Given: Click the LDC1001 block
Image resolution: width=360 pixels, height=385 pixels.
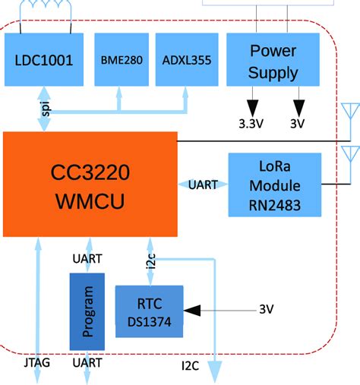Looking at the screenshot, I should tap(44, 58).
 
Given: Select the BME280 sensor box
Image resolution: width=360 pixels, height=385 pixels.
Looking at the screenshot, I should tap(121, 58).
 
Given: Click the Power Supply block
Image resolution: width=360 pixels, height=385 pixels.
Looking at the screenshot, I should tap(273, 62).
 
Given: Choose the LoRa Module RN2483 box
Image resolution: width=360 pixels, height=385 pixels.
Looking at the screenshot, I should tap(274, 185).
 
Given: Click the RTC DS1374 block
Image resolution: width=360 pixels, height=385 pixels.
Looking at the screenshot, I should tap(149, 311).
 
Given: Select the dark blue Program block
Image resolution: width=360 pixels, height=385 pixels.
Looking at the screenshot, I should tap(87, 311).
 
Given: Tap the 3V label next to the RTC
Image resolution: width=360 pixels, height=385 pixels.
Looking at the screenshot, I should tap(266, 310).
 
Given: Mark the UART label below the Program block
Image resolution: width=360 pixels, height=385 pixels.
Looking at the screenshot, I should tap(87, 364).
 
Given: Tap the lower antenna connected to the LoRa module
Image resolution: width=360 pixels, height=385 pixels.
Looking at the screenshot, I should tap(349, 156).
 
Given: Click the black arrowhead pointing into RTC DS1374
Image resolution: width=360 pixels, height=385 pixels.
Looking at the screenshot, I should tap(194, 310).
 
